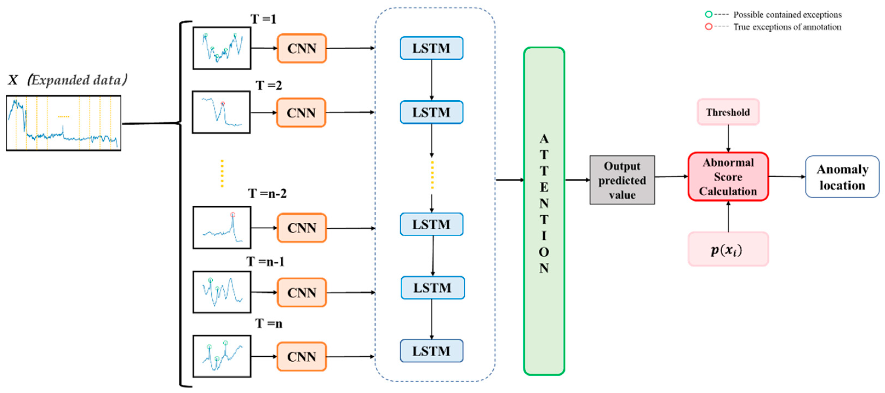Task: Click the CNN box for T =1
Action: [x=301, y=48]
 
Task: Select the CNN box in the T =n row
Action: [x=301, y=356]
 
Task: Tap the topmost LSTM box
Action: [x=431, y=48]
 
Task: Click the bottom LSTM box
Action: [x=431, y=351]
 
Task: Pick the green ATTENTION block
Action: [x=544, y=210]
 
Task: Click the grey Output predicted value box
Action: [x=622, y=180]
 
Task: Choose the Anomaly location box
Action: [x=842, y=177]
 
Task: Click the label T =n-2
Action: [x=267, y=193]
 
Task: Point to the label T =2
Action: [x=268, y=85]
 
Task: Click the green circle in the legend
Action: [x=708, y=15]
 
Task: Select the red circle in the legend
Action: [x=708, y=27]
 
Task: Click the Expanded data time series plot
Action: [x=64, y=123]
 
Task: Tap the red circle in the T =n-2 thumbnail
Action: [x=232, y=215]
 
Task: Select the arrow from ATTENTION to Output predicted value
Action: [x=577, y=180]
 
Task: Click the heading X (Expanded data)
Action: [x=67, y=80]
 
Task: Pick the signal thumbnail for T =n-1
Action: [x=222, y=292]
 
